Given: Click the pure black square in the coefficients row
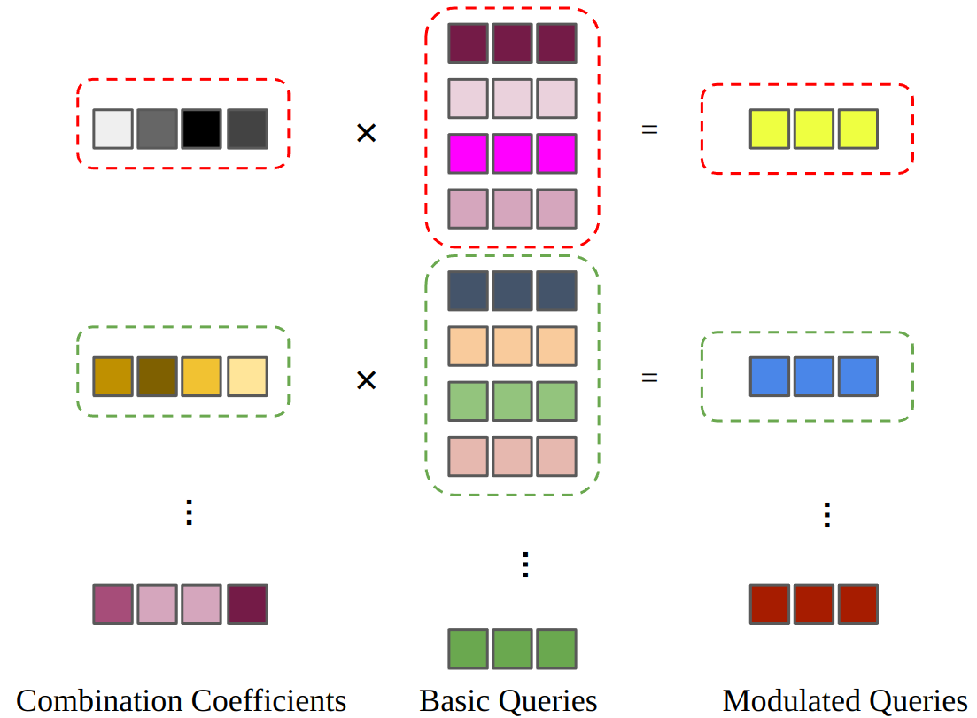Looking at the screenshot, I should point(202,129).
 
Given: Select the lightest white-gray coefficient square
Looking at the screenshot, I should point(113,129).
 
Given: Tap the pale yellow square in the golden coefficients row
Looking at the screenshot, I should point(247,377).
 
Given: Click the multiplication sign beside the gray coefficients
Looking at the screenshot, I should point(366,134).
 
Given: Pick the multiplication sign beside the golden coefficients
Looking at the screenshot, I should point(366,380).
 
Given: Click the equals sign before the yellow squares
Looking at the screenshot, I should point(650,129).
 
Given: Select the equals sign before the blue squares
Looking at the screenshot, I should point(650,378).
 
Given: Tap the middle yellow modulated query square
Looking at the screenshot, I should point(813,129).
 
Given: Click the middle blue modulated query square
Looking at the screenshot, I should point(813,377).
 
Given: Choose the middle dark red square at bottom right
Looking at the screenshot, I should point(813,604).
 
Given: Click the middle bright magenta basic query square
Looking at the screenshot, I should point(512,153).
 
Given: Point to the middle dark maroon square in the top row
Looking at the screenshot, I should point(512,43).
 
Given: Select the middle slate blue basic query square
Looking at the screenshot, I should point(512,291).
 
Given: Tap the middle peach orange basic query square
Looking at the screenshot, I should point(512,346).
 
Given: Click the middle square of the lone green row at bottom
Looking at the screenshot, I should point(512,649).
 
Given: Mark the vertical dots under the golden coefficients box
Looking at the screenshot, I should point(188,512).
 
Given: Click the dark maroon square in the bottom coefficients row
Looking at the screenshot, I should point(247,604).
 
